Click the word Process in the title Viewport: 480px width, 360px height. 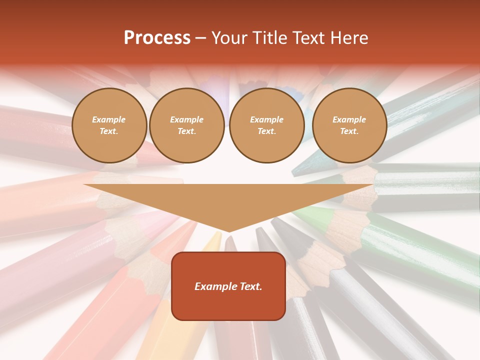pyautogui.click(x=157, y=38)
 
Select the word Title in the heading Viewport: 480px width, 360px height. pyautogui.click(x=271, y=38)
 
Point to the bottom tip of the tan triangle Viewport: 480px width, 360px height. pyautogui.click(x=228, y=231)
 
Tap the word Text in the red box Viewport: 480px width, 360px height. pyautogui.click(x=249, y=286)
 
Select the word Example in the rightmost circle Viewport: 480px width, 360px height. pyautogui.click(x=349, y=120)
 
